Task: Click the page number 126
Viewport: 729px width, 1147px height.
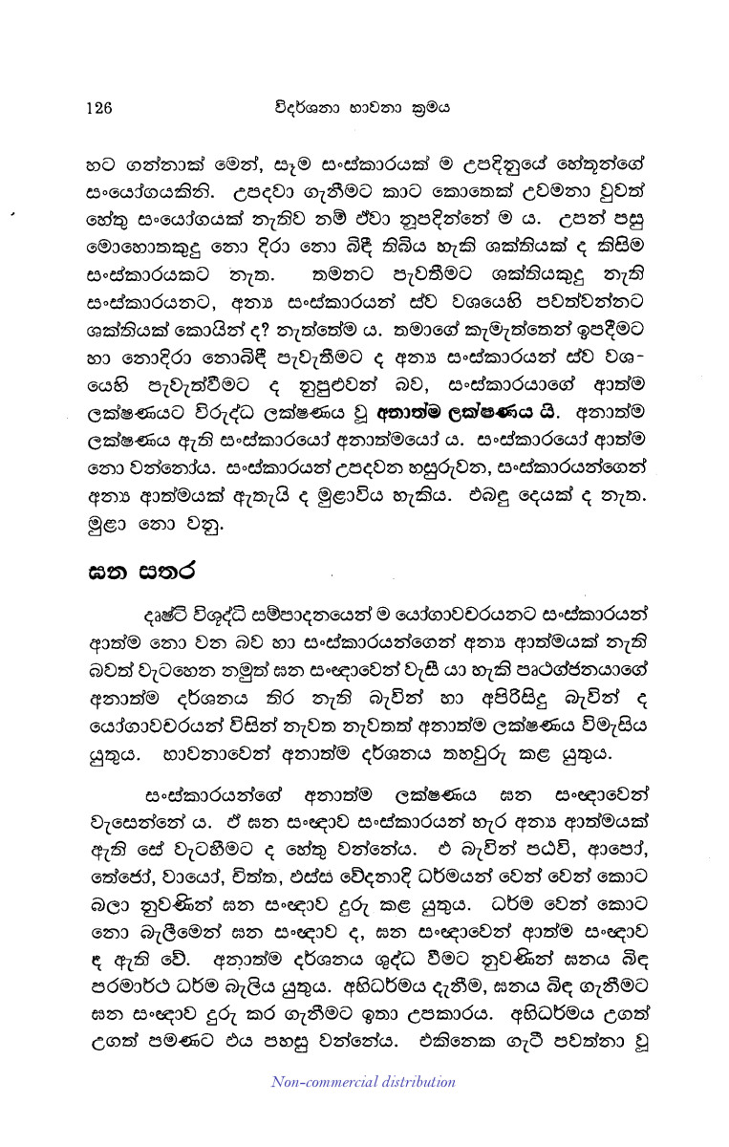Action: tap(98, 107)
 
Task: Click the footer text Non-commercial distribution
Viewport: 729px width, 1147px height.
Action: tap(363, 1082)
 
